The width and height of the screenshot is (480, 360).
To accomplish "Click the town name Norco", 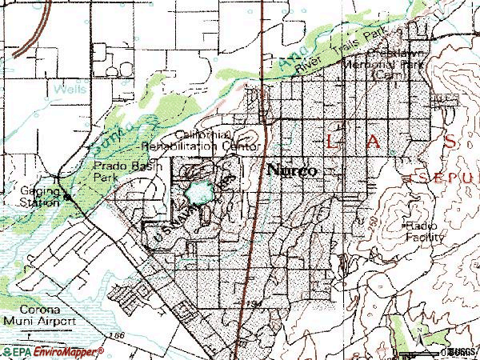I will (292, 170).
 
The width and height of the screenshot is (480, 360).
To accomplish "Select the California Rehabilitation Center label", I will (201, 141).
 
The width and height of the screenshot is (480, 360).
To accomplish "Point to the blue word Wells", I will (71, 90).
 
